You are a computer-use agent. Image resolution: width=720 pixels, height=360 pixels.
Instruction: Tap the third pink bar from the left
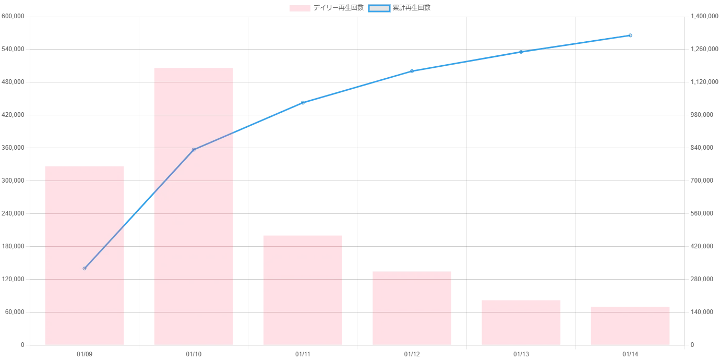point(302,290)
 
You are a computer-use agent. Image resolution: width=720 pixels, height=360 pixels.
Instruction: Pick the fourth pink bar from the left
point(412,308)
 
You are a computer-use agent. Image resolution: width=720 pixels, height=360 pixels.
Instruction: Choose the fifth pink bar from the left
point(521,321)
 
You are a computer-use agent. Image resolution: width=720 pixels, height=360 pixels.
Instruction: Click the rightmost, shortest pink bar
point(630,325)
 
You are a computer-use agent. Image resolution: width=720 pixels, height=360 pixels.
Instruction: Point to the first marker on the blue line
point(85,268)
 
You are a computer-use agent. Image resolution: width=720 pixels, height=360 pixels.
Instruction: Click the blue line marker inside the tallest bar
point(194,149)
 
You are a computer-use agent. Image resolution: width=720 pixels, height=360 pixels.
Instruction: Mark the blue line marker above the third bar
point(303,102)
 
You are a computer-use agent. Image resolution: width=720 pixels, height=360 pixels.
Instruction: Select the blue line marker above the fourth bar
point(412,70)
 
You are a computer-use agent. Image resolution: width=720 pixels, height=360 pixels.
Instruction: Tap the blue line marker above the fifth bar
point(521,52)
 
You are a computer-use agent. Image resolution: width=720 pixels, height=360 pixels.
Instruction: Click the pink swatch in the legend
point(300,8)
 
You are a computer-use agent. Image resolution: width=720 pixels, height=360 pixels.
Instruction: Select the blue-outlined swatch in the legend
point(379,8)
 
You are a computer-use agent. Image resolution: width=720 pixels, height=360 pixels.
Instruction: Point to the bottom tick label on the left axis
point(22,346)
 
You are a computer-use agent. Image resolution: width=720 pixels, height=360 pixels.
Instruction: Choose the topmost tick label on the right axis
point(701,17)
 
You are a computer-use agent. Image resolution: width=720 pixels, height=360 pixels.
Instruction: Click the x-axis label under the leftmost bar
point(85,355)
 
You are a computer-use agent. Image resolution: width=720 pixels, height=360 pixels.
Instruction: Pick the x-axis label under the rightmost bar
point(630,355)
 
